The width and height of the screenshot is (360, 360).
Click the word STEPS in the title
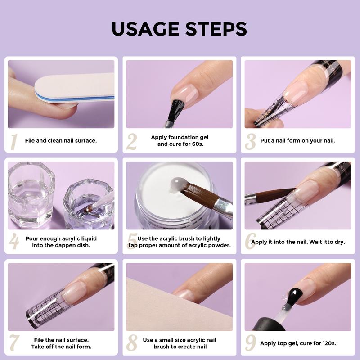[216, 29]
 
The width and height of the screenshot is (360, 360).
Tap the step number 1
[14, 142]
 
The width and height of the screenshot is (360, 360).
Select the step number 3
[250, 142]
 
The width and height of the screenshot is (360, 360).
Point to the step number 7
[14, 342]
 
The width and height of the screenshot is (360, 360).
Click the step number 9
[251, 342]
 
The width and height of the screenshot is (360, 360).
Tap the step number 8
[132, 342]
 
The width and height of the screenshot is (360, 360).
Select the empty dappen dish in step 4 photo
[31, 195]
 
